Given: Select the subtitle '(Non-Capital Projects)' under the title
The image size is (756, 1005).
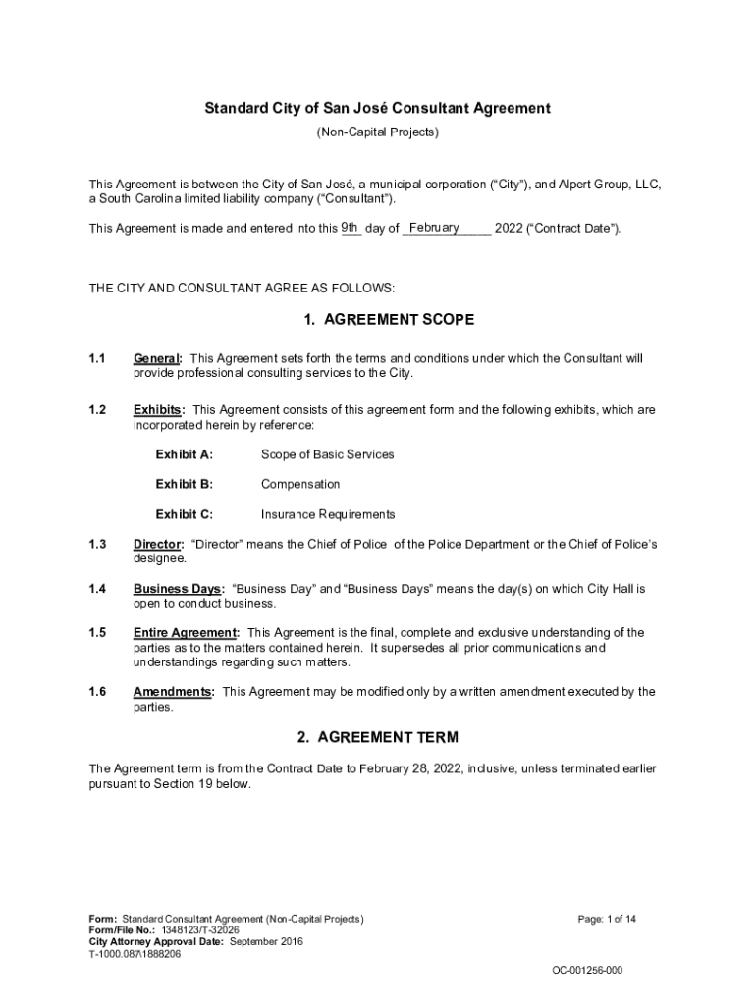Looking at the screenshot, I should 377,132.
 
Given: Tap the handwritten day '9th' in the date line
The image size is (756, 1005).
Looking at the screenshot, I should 351,228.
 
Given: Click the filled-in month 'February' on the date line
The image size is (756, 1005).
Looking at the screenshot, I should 434,228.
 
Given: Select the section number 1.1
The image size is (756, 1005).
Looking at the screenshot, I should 97,358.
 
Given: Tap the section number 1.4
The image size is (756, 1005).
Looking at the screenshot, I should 97,589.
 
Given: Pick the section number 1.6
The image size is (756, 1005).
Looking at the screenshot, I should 97,692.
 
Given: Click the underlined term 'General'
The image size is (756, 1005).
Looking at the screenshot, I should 156,358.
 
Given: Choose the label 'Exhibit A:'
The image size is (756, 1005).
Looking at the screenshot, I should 184,454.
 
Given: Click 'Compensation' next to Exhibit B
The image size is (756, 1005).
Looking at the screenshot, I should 300,484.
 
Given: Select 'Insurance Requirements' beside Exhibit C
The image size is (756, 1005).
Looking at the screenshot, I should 328,514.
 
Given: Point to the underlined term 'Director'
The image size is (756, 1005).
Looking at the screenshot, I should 157,544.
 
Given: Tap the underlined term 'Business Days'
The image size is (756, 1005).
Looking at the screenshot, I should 178,589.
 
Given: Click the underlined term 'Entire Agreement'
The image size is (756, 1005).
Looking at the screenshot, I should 185,633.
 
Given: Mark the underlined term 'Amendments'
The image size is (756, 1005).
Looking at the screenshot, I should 172,692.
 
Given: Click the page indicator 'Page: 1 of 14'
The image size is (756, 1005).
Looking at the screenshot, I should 607,919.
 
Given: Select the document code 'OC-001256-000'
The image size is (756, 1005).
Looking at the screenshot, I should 587,971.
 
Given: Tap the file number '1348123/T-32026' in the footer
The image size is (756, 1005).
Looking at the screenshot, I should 187,930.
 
